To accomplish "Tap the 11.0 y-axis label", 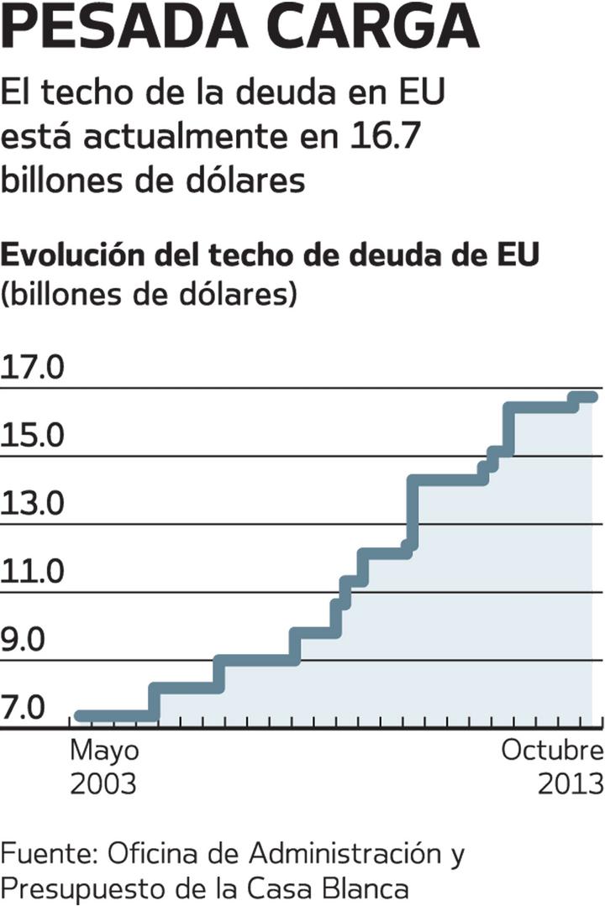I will point(34,573).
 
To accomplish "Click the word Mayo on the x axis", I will point(104,750).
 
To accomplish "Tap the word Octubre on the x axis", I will point(552,750).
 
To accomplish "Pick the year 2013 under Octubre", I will point(571,783).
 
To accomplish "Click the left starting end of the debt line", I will point(79,716).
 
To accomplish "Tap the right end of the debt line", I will point(593,396).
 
